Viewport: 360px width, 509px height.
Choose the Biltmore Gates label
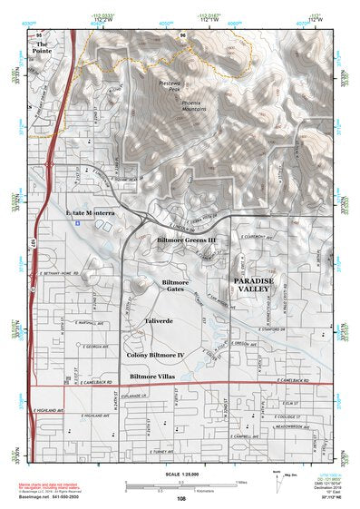click(175, 286)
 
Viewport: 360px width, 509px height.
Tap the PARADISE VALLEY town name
click(257, 286)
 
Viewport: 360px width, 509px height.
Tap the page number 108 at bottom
click(180, 498)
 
